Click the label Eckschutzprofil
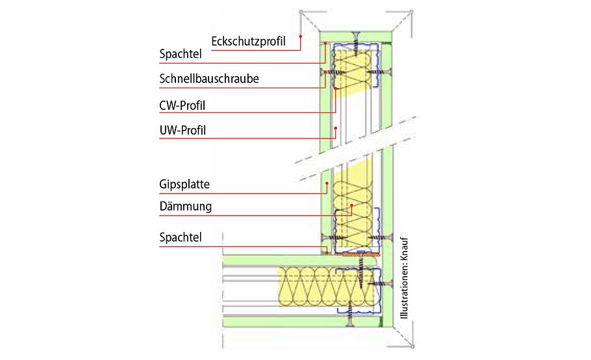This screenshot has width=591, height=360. pos(249,41)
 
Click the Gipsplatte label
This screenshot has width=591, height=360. pos(184,184)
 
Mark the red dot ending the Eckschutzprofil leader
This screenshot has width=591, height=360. pos(301,37)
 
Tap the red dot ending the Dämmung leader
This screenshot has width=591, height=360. pos(351,207)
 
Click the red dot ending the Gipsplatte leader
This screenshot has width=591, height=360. pos(327,184)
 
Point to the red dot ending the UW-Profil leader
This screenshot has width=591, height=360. pos(335,129)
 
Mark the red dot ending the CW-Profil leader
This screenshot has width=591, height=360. pos(335,88)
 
